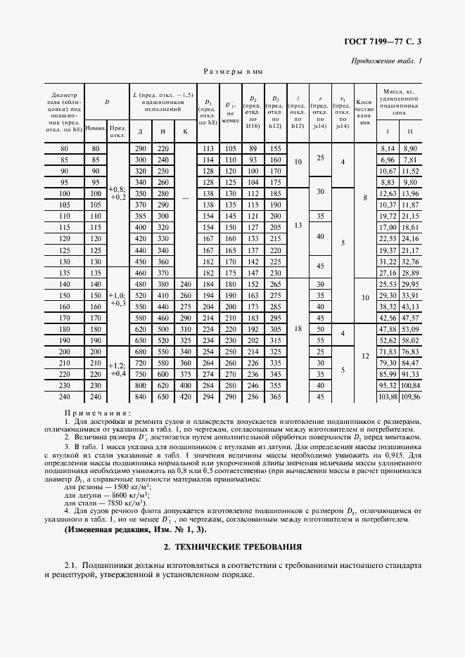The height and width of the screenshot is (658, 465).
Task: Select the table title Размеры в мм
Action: tap(232, 72)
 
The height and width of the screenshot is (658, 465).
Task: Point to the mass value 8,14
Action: tap(388, 148)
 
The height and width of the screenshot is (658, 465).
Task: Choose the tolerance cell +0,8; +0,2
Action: tap(117, 193)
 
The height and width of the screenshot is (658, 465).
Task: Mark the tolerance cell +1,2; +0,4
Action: tap(117, 368)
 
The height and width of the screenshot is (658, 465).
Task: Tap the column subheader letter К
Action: tap(185, 131)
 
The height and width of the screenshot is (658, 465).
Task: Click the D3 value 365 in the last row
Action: tap(276, 396)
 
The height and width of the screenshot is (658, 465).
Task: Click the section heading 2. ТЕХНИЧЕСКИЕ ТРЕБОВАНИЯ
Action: tap(233, 546)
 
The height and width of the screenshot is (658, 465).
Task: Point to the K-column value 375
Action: tap(185, 374)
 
